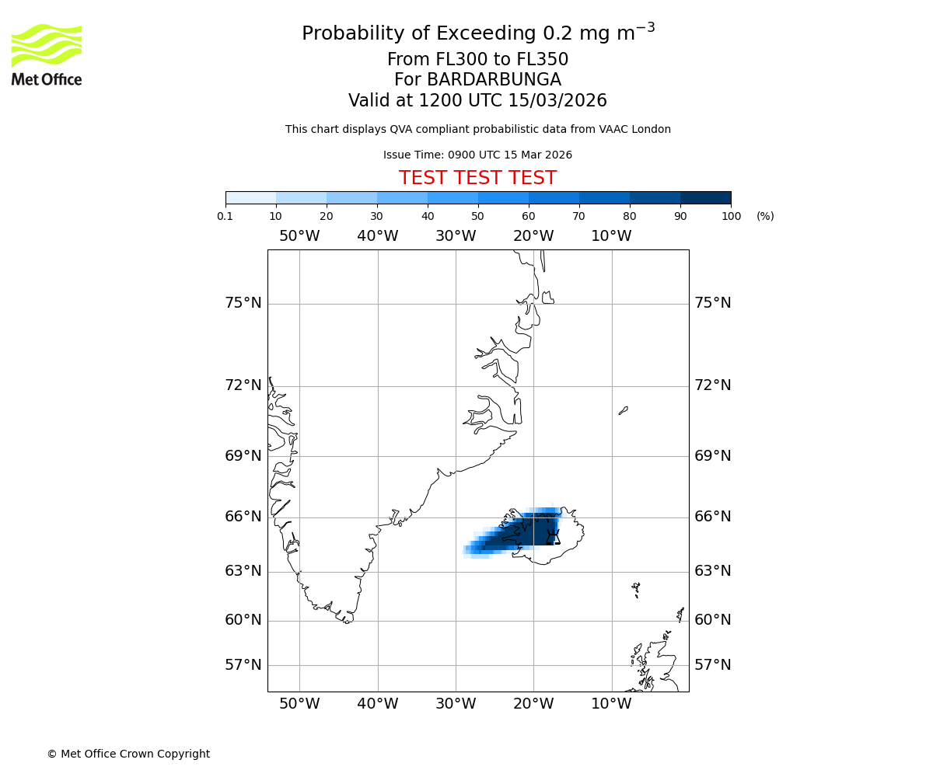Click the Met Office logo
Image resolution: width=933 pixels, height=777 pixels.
pos(47,54)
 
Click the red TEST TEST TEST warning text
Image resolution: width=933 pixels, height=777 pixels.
pos(477,179)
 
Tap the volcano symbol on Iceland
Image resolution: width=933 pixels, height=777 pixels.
pos(553,536)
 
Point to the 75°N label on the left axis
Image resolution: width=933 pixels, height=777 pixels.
pos(243,303)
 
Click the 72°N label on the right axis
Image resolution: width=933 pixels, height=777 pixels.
pos(712,385)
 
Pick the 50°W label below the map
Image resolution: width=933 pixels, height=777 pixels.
pos(299,704)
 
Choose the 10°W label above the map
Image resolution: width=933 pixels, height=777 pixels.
pos(611,236)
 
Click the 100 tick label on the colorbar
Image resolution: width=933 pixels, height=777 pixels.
pos(731,216)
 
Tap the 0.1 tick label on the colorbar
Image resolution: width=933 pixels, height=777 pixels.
pos(225,216)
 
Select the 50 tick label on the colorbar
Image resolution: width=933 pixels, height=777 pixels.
pos(478,216)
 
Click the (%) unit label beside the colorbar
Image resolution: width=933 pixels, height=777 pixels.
pos(765,216)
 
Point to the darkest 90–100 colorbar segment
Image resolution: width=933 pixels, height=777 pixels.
pos(705,197)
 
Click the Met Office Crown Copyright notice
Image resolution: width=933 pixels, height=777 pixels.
pos(128,754)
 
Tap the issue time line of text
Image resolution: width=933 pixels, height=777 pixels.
pos(477,155)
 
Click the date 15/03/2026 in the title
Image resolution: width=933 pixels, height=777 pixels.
pos(557,101)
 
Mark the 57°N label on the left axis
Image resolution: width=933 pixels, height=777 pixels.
pos(243,665)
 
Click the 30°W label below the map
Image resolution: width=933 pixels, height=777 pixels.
pos(456,704)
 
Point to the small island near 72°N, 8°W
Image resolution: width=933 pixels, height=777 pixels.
pos(623,410)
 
